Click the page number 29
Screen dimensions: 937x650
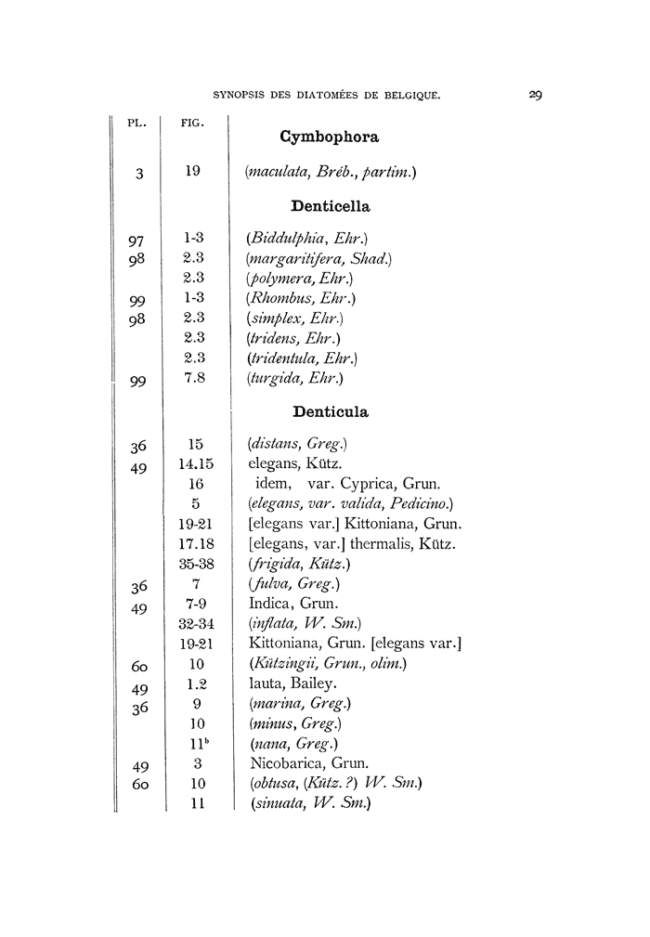tap(536, 95)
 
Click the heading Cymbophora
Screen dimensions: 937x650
tap(329, 137)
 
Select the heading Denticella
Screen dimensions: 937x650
tap(331, 206)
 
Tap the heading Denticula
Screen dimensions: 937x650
tap(331, 410)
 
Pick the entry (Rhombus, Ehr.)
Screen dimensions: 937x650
tap(301, 298)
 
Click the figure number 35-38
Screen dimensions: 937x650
tap(195, 564)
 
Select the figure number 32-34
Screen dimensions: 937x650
tap(195, 623)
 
